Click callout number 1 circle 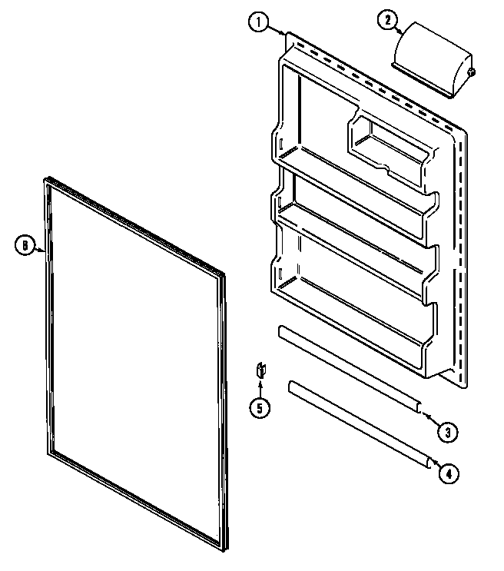[259, 22]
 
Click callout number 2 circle [386, 22]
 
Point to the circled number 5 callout [259, 408]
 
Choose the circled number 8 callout [25, 246]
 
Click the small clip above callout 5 [260, 370]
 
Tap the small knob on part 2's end [470, 73]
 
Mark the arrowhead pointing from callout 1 [286, 34]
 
